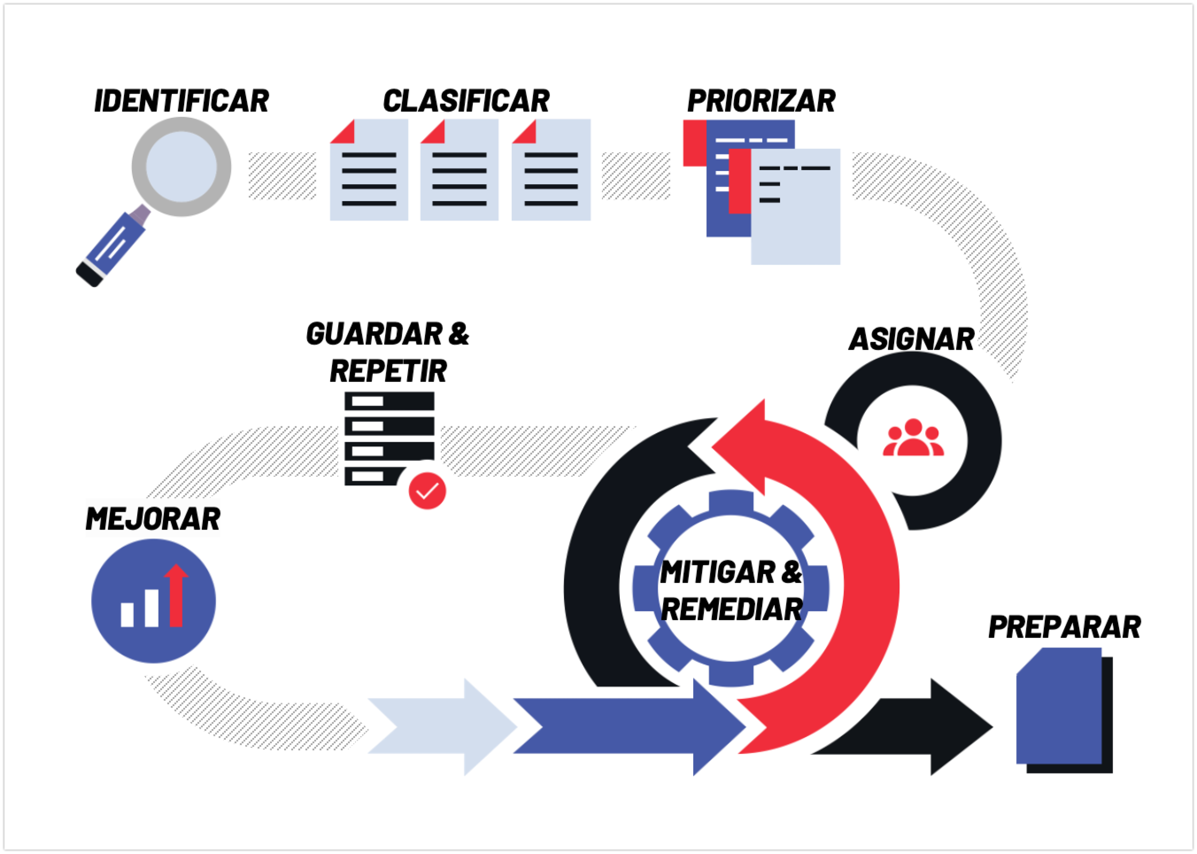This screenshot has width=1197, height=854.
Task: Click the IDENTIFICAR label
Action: (181, 101)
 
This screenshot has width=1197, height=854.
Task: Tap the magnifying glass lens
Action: (181, 167)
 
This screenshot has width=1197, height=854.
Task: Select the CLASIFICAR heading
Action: (466, 101)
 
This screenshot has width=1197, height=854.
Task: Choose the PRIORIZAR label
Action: (761, 101)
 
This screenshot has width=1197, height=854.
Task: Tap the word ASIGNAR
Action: (911, 339)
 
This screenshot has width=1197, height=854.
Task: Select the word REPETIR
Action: (388, 371)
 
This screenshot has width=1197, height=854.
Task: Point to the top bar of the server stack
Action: (390, 401)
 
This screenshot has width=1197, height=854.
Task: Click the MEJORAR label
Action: (153, 519)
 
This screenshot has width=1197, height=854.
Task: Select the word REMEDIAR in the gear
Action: (731, 609)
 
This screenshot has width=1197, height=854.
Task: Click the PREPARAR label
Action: (1065, 627)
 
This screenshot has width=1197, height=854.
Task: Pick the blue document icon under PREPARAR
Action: (1059, 707)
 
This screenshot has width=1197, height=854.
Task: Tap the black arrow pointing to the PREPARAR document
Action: (914, 727)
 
